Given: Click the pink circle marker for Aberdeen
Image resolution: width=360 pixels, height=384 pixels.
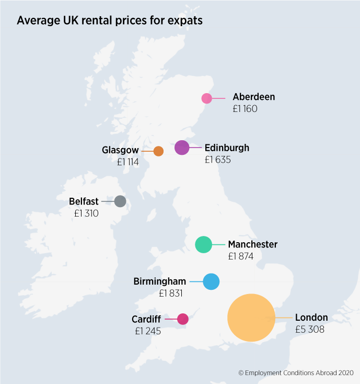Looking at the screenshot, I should point(207,98).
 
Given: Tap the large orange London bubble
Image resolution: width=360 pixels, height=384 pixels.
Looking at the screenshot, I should point(251,318).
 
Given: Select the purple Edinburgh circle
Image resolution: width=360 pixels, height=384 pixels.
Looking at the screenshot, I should point(182,148).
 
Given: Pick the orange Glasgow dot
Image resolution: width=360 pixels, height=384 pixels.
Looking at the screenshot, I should point(158,151).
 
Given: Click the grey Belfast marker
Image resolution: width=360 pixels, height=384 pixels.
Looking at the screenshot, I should point(120,201).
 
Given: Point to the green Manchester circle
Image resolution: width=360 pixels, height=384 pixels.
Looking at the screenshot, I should point(203,244).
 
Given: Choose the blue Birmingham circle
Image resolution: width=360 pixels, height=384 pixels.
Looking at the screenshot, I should point(211,281).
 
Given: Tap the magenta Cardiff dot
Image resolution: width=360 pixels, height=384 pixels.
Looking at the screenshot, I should point(183,319).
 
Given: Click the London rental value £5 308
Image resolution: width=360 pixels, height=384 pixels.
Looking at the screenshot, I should point(310,330).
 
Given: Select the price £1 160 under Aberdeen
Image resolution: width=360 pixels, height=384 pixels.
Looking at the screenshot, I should point(245,109).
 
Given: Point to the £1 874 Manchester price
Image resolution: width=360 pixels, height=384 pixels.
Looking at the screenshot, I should point(241,256).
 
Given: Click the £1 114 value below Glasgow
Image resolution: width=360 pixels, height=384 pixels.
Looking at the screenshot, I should point(128,162).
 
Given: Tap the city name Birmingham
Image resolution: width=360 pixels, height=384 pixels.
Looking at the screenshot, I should point(160,281).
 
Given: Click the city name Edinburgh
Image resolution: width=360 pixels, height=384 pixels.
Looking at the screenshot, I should point(227,148).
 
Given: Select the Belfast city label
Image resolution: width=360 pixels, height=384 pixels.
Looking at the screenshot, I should point(84,201).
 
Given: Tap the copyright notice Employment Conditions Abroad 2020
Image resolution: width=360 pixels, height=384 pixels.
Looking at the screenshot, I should point(296,373).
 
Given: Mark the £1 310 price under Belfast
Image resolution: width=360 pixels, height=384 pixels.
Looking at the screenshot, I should point(86,213).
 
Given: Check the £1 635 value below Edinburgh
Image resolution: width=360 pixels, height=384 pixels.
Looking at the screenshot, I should point(218,160).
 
